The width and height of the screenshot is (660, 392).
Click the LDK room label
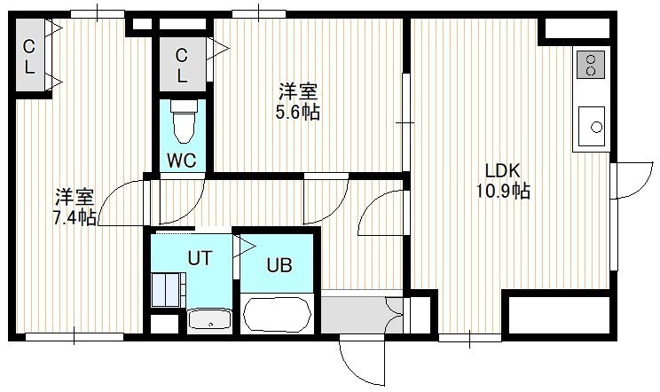point(503,171)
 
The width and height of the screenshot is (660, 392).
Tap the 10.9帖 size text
point(503,192)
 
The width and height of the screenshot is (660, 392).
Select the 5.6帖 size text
point(297,113)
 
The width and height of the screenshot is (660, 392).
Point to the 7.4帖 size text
point(74,217)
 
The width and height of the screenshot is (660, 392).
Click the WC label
point(182,161)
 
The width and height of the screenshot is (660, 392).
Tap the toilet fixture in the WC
point(184,122)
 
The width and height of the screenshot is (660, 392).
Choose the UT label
point(200,258)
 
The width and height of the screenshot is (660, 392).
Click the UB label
point(279,265)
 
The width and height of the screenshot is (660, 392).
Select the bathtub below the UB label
point(278,314)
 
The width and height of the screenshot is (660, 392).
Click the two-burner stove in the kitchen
point(591,65)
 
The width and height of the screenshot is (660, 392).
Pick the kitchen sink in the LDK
point(592,126)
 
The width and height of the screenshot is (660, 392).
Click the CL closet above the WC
point(182,65)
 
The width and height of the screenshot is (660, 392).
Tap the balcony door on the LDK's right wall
point(633,179)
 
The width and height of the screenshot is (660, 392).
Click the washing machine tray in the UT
point(169,290)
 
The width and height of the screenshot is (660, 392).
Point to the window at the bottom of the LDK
point(470,337)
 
